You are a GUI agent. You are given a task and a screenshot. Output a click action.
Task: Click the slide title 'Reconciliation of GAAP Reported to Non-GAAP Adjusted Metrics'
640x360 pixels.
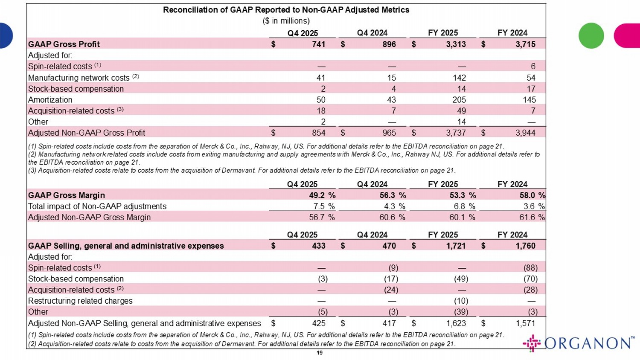point(286,10)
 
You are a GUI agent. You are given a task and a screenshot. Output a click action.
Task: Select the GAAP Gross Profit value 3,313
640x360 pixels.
point(456,44)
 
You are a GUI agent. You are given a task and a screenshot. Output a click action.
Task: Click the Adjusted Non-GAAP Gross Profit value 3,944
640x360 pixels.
point(525,133)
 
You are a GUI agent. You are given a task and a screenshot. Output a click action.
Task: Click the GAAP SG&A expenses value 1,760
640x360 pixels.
point(525,246)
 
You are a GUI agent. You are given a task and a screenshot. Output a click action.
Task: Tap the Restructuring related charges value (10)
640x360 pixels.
point(461,301)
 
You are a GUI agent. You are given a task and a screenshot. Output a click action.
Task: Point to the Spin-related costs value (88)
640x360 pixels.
point(530,268)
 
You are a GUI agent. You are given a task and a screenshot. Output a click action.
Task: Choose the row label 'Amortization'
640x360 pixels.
point(50,100)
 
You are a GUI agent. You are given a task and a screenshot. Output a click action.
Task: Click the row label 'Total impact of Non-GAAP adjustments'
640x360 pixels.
point(97,206)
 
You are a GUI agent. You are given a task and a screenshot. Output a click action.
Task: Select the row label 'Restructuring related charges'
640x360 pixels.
point(80,301)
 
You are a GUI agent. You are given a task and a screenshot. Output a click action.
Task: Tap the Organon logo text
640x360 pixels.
point(589,343)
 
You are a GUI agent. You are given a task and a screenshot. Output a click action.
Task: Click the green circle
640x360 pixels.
point(591,36)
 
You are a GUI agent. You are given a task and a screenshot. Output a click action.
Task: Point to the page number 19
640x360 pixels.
point(320,353)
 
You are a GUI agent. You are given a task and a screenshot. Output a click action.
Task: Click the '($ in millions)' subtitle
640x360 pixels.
point(286,21)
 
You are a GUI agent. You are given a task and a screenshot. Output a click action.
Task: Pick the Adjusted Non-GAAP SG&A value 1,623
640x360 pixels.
point(456,323)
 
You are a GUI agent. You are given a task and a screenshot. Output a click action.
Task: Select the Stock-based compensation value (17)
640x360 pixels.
point(391,279)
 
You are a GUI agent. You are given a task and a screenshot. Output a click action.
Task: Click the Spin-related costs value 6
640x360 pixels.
point(533,67)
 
